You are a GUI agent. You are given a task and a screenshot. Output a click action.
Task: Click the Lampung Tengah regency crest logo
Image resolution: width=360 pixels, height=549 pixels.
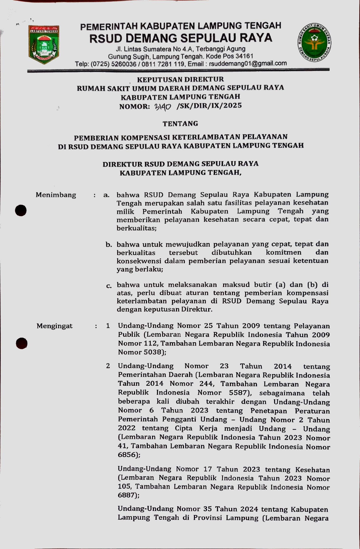[44, 45]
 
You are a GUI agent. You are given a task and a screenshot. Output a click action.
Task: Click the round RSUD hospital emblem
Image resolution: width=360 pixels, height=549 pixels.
[315, 43]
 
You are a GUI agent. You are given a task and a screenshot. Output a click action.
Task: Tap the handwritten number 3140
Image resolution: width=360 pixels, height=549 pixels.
[162, 107]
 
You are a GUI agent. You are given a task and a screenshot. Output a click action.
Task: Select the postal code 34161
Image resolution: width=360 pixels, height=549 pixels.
[244, 56]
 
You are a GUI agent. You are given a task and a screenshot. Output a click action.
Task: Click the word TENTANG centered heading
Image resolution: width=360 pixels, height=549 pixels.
[180, 124]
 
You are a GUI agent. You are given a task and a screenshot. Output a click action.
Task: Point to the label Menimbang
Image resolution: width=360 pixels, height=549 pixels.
[56, 195]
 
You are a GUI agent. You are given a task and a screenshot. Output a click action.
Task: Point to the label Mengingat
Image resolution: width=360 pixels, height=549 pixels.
[55, 326]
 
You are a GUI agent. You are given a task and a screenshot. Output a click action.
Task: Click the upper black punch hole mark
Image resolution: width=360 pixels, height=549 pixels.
[21, 210]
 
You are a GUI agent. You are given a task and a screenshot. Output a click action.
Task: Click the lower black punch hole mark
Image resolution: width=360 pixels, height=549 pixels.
[22, 343]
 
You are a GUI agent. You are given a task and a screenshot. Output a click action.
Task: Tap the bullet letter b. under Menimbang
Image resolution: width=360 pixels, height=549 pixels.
[109, 244]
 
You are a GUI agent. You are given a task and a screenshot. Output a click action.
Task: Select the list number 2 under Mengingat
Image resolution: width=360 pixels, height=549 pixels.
[108, 366]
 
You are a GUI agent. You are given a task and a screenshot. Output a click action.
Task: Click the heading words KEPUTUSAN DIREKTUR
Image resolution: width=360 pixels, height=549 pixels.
[180, 79]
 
